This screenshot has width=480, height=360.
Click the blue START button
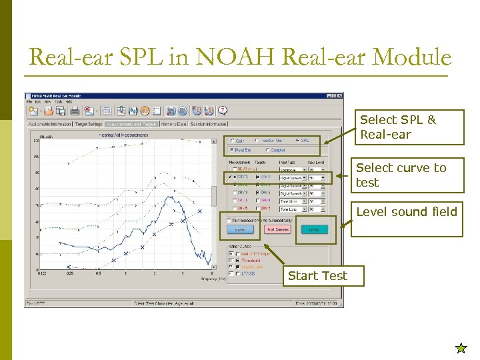241,229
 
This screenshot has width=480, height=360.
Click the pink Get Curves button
278,229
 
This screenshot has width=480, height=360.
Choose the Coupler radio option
268,150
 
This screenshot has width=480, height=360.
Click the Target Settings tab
88,124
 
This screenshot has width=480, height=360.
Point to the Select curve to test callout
407,175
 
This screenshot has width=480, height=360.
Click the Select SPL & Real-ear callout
408,127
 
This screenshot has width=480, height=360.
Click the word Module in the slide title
413,57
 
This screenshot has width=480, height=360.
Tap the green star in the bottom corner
461,348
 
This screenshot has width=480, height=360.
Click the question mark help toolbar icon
223,111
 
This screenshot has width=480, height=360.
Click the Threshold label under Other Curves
250,261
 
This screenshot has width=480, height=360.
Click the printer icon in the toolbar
75,111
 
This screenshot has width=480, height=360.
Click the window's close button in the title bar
340,97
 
